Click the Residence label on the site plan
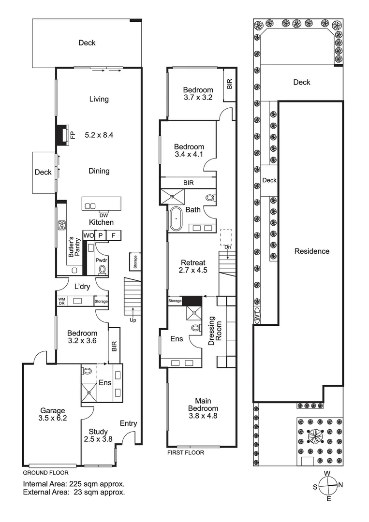pos(312,251)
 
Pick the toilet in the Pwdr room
pos(102,269)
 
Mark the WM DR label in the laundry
pos(61,301)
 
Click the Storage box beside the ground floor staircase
pos(135,262)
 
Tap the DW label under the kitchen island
pos(103,215)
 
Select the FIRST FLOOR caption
pos(186,453)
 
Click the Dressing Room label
pos(211,333)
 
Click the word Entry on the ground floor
pos(128,423)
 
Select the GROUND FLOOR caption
pos(46,473)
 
